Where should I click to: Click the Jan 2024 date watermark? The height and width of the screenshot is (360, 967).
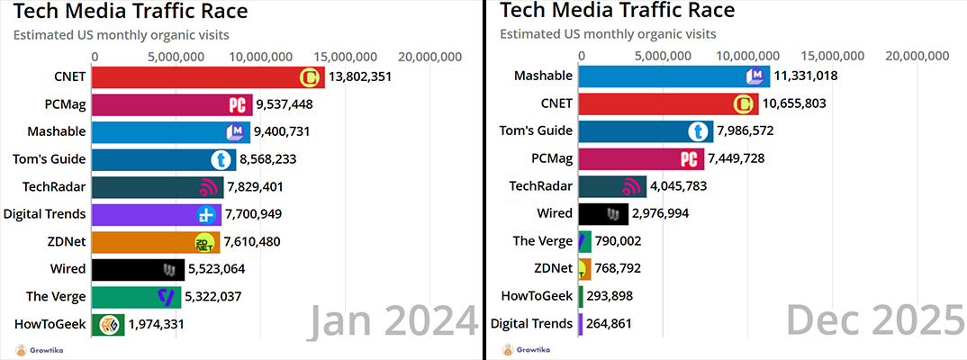393,322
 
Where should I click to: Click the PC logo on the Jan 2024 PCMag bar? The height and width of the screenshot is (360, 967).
238,105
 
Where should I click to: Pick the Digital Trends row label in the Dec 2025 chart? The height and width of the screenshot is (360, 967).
531,323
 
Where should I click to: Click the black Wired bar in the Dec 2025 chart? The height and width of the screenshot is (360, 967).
602,214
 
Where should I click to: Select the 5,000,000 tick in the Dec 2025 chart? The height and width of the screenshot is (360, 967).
663,56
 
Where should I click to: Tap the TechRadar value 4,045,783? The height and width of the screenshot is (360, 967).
678,186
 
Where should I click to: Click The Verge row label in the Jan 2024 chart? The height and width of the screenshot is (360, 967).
56,296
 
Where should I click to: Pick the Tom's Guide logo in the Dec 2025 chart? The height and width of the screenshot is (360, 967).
699,131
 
